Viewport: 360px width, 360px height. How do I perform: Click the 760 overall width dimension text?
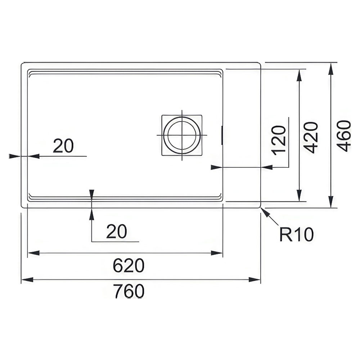click(129, 291)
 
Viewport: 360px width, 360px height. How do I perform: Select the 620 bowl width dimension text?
click(129, 265)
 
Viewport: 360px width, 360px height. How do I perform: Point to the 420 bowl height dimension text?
click(311, 138)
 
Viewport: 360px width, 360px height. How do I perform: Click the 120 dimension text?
click(279, 140)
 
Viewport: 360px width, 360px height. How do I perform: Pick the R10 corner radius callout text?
click(296, 234)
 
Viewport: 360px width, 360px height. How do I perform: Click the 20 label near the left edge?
click(63, 146)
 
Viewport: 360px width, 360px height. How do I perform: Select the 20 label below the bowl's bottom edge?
click(116, 231)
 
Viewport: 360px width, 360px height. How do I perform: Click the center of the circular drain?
click(182, 135)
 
